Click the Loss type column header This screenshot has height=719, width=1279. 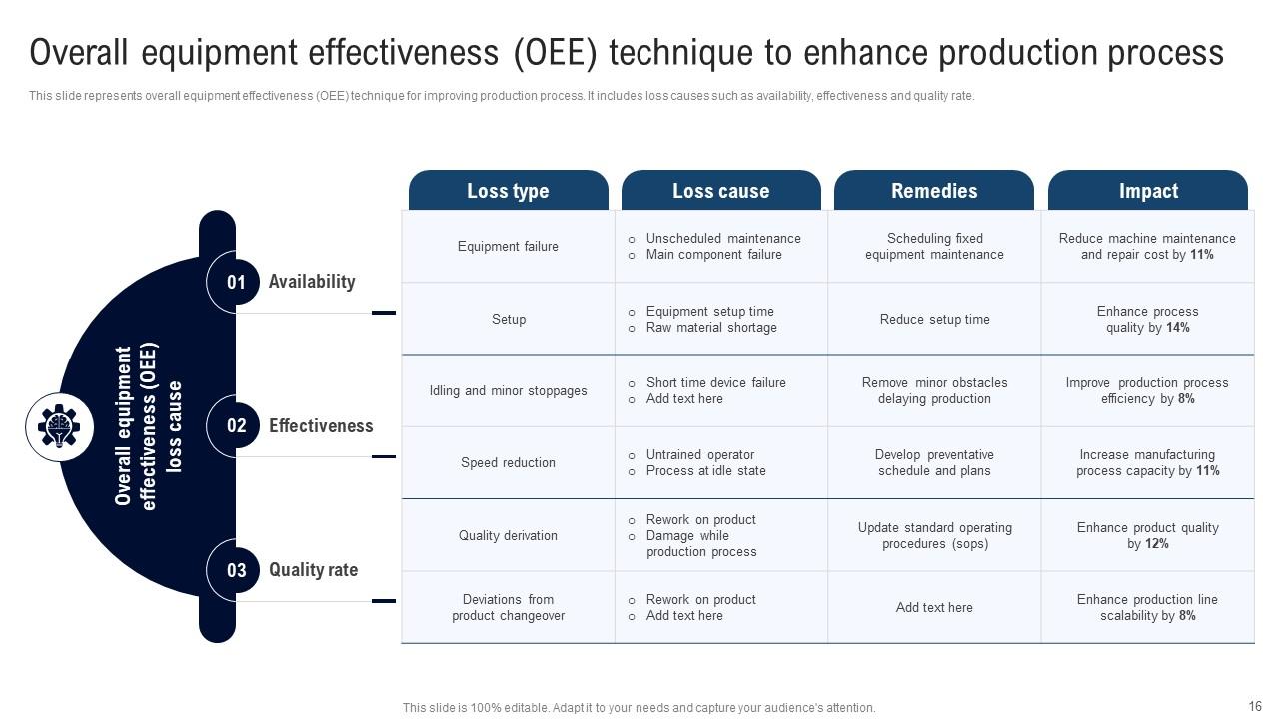pos(508,191)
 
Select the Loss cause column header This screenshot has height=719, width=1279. pos(720,191)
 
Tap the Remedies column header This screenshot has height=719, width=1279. pos(934,191)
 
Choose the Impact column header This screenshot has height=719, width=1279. pos(1148,191)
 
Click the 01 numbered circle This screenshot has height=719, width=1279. pos(236,282)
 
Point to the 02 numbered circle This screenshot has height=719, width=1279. pos(236,426)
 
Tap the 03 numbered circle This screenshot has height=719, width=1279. pos(236,571)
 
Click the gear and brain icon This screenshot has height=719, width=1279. pos(59,427)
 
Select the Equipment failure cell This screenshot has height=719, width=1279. pos(508,247)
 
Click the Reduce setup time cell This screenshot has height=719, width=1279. pos(934,320)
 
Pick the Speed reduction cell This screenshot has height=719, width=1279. pos(508,463)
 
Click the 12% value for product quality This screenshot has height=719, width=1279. pos(1156,544)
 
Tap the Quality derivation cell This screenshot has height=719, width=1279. pos(508,536)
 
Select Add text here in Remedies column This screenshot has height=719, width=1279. pos(934,608)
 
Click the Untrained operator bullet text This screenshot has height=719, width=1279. pos(699,455)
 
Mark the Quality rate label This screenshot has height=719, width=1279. pos(313,570)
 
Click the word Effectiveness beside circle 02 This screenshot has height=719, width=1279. pos(321,426)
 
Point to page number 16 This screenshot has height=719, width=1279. pos(1255,705)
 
